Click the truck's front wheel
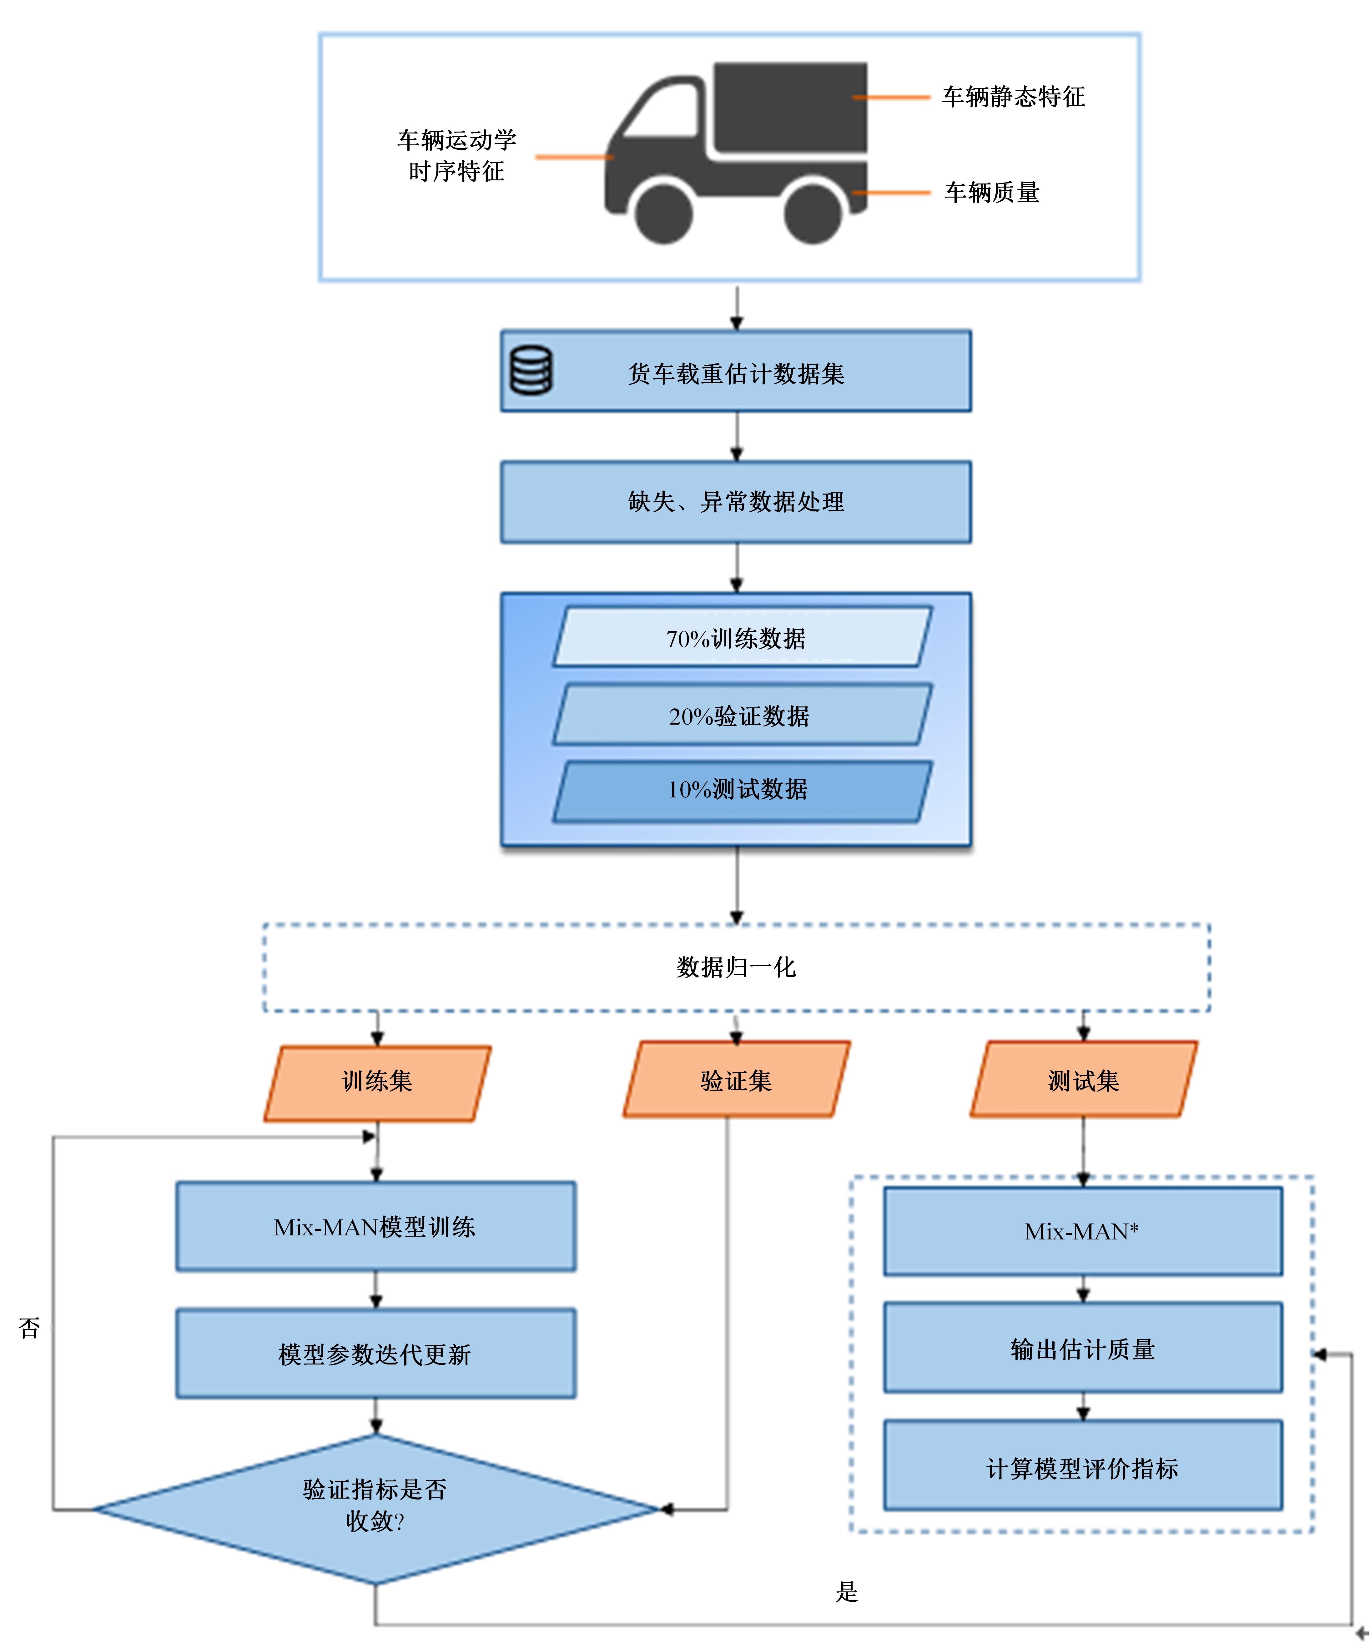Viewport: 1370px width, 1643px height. coord(663,213)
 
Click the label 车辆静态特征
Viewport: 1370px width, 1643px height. coord(1013,97)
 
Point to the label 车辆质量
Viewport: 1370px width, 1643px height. coord(992,193)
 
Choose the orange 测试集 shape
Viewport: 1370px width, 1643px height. coord(1084,1080)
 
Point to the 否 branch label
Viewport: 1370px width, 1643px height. coord(30,1328)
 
